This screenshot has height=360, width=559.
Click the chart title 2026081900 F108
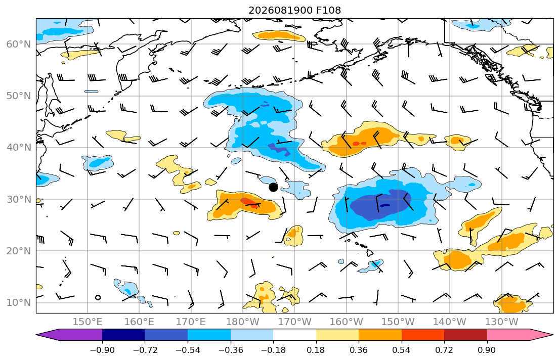pos(294,10)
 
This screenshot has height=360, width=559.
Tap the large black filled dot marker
pos(273,187)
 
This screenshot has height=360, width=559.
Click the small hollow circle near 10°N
pos(98,297)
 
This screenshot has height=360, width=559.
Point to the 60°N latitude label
pos(19,44)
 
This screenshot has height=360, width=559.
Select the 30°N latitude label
pos(19,199)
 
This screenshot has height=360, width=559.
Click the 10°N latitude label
pos(19,303)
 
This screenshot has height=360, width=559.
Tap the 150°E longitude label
pos(88,322)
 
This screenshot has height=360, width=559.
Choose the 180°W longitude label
pos(243,322)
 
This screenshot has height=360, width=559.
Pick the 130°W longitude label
pos(502,322)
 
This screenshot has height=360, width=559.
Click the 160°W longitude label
pos(346,322)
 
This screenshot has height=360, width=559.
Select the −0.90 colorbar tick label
pos(102,350)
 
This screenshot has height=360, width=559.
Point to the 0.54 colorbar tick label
pos(402,350)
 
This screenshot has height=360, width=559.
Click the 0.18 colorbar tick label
pos(316,350)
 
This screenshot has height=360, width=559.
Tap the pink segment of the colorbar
pos(508,335)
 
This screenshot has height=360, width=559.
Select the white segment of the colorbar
pos(294,335)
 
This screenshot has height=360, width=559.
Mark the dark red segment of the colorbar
pos(465,335)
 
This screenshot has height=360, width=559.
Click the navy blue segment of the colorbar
pos(123,335)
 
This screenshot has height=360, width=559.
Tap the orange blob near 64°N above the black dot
pos(279,35)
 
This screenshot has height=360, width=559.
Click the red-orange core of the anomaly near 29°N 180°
pos(249,202)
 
